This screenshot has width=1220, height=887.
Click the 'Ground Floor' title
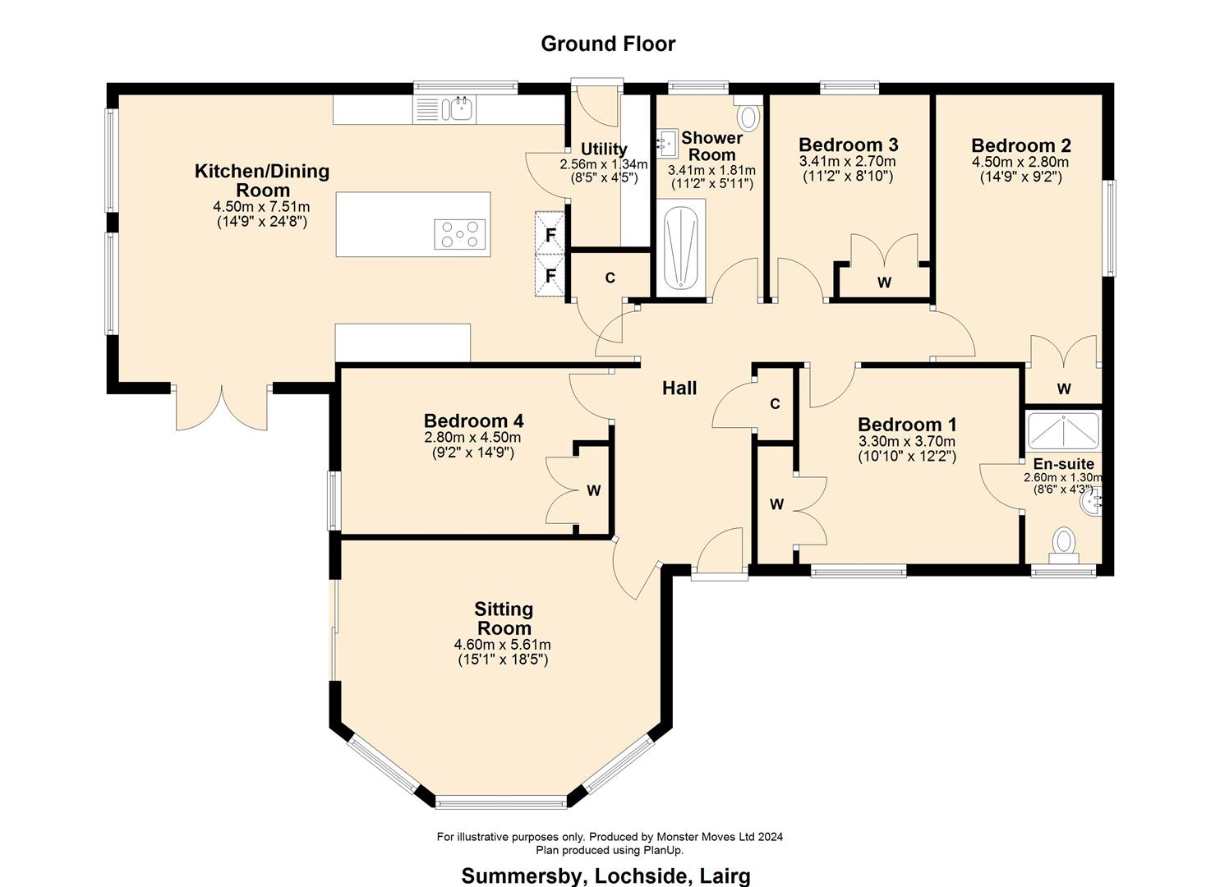click(608, 44)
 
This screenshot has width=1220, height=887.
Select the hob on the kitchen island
click(460, 234)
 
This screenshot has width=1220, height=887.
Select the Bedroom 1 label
click(907, 425)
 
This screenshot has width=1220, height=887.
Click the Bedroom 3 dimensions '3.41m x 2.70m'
click(847, 162)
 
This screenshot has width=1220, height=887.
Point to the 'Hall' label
click(679, 388)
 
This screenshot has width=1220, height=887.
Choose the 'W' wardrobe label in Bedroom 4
click(593, 491)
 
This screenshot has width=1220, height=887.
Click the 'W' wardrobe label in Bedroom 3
click(884, 283)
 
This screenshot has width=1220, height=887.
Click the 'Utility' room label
click(604, 149)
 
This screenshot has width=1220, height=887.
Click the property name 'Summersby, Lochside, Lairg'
click(605, 876)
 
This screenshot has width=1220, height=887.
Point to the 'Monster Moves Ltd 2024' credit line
click(609, 837)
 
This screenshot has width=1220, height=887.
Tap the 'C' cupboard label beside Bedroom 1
click(774, 404)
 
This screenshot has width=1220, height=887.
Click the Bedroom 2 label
click(1020, 145)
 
